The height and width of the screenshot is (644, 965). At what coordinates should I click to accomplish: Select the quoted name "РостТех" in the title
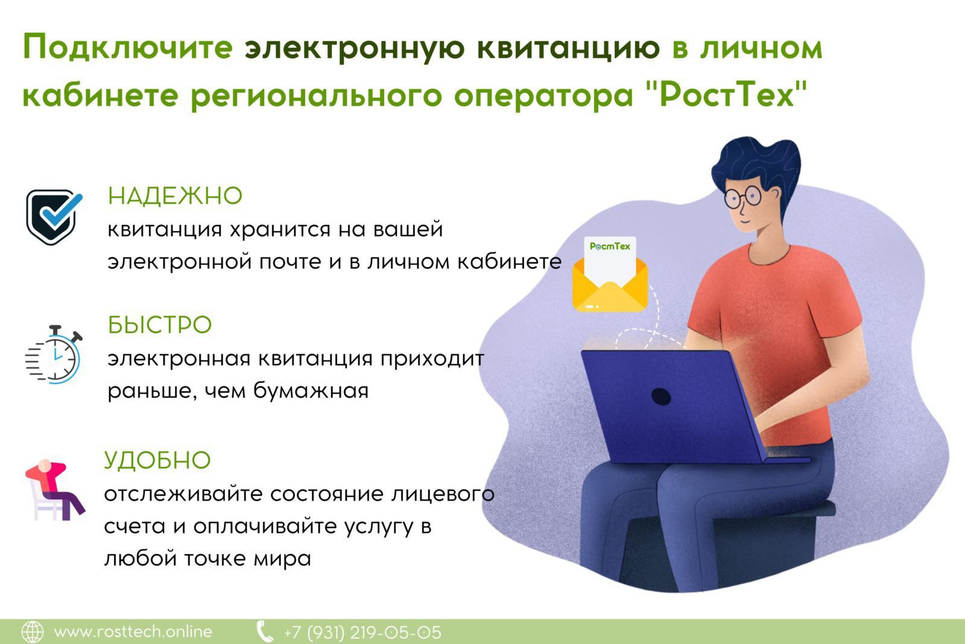[727, 94]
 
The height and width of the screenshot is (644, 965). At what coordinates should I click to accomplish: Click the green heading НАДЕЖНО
[175, 196]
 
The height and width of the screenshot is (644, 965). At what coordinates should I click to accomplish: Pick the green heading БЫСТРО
[159, 325]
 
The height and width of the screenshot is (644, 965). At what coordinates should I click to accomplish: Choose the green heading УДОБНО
[157, 460]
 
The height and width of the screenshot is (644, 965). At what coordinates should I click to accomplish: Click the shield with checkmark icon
[54, 217]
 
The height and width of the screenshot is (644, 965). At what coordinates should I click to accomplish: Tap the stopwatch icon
[54, 354]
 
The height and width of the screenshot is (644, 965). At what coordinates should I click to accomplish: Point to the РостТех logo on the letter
[610, 246]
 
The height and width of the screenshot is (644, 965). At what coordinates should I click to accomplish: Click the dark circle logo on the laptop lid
[661, 397]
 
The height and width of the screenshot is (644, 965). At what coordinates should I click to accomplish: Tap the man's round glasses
[742, 197]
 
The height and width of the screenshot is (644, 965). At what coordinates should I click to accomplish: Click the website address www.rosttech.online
[133, 632]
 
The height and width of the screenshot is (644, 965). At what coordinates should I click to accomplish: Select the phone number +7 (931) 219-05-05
[362, 633]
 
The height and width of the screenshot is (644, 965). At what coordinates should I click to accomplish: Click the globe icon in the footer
[33, 632]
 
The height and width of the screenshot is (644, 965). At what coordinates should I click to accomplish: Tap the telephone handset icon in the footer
[265, 632]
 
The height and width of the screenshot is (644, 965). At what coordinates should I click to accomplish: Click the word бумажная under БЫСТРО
[311, 391]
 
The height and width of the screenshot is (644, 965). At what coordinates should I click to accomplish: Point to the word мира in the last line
[282, 559]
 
